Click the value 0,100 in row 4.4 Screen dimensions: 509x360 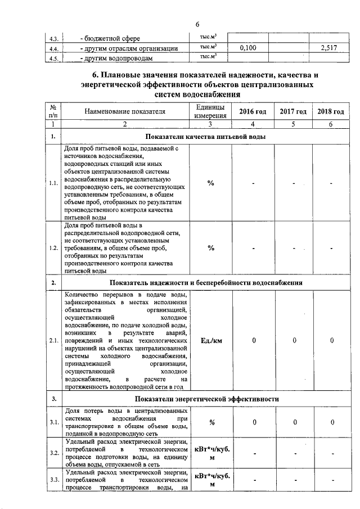247,48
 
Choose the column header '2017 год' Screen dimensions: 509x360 293,111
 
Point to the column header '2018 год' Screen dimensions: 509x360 331,111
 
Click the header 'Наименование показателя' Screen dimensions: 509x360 125,111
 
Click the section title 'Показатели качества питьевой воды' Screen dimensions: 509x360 205,137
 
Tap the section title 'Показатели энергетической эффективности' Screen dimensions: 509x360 207,399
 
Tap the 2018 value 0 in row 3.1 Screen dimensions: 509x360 332,422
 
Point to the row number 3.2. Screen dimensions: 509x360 54,453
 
